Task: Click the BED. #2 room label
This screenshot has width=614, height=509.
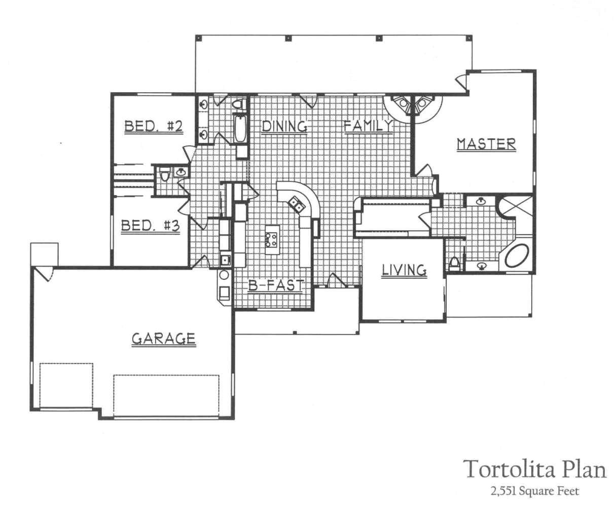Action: (153, 126)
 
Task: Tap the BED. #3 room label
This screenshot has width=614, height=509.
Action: (150, 226)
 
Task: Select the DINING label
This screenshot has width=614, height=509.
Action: (284, 126)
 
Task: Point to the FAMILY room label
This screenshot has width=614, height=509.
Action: (368, 126)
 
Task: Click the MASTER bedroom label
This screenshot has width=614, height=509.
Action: (486, 144)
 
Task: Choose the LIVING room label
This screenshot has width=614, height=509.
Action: (404, 270)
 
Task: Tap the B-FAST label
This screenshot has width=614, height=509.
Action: (276, 286)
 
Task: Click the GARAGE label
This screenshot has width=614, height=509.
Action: (163, 338)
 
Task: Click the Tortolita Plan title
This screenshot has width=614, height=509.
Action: (535, 469)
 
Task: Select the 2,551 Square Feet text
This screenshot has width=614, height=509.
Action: (534, 491)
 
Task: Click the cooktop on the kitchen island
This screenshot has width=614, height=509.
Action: (271, 238)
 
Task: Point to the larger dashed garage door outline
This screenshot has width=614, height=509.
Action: (166, 396)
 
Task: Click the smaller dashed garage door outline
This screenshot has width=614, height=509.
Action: (66, 385)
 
